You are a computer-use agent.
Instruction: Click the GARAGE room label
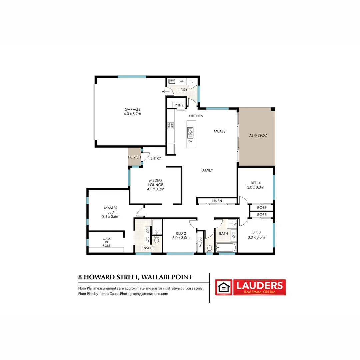pyautogui.click(x=133, y=109)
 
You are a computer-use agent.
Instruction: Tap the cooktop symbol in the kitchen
pyautogui.click(x=170, y=126)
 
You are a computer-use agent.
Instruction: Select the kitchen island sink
pyautogui.click(x=190, y=133)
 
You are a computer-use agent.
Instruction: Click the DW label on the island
pyautogui.click(x=190, y=141)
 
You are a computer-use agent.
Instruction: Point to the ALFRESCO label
pyautogui.click(x=258, y=136)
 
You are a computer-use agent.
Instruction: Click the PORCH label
pyautogui.click(x=135, y=157)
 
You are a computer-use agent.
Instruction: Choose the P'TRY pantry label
pyautogui.click(x=179, y=105)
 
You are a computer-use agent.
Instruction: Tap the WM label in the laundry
pyautogui.click(x=182, y=81)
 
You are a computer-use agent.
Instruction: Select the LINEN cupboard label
pyautogui.click(x=217, y=201)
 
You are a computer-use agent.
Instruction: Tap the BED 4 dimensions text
pyautogui.click(x=257, y=188)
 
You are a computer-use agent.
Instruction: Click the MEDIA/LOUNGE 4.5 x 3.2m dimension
pyautogui.click(x=156, y=189)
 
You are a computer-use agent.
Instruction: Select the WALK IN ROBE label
pyautogui.click(x=106, y=242)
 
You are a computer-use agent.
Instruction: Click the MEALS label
pyautogui.click(x=219, y=131)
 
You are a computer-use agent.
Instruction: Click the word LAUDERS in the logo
pyautogui.click(x=259, y=285)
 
